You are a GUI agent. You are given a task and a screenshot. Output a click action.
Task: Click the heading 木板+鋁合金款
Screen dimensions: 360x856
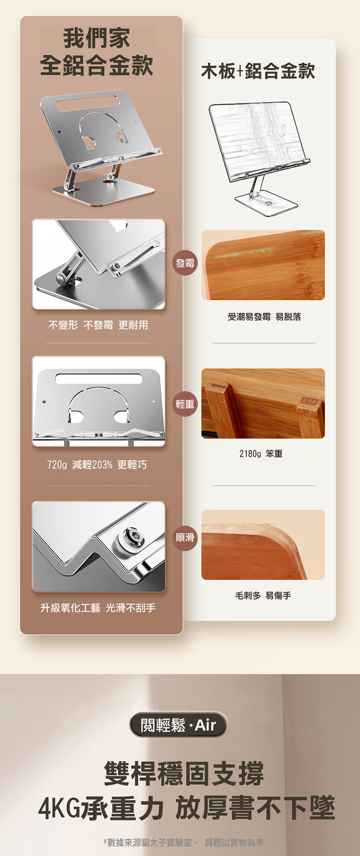pos(258,71)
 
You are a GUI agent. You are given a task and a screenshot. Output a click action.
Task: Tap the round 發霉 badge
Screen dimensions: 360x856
pos(185,263)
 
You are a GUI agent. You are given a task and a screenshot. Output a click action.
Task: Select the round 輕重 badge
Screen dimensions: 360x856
pos(185,404)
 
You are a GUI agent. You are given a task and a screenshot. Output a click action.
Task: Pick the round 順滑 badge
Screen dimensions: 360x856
pos(185,537)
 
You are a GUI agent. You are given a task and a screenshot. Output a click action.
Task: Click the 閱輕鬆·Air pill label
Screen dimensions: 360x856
pos(179,725)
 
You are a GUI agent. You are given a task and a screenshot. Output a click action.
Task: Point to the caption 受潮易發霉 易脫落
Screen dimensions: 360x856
pos(264,317)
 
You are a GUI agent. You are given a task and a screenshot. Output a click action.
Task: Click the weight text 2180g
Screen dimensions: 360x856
pos(250,453)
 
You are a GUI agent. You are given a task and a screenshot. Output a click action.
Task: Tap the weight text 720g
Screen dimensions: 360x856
pos(57,464)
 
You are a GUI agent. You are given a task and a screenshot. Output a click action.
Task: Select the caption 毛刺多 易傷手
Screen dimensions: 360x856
pos(263,595)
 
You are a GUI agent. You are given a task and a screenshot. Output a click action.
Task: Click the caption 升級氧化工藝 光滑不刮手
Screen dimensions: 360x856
pos(98,608)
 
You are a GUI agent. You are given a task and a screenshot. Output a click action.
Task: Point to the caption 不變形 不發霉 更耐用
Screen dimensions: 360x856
pos(98,325)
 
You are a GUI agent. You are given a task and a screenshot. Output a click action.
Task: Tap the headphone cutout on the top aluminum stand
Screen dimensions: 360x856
pos(103,129)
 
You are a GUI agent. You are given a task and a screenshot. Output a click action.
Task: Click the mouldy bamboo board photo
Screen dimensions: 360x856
pos(263,265)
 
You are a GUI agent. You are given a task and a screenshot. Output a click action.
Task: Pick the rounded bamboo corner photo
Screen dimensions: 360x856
pos(263,545)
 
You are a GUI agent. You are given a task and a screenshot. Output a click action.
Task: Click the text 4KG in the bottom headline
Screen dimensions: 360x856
pos(60,808)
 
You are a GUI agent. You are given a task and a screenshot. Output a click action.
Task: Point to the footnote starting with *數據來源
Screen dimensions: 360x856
pos(183,842)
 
